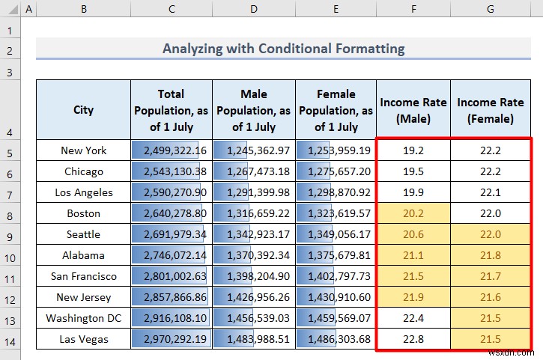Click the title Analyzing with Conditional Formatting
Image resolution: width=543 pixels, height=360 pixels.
283,49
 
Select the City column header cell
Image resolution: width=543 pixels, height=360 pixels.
83,110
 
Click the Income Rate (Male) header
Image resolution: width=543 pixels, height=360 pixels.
413,111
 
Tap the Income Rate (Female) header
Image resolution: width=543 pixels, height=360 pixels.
491,111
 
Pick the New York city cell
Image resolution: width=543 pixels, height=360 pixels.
83,150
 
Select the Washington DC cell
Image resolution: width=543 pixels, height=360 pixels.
83,318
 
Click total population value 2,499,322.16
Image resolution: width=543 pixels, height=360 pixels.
172,150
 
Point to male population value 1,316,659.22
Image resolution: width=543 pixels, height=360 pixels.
254,213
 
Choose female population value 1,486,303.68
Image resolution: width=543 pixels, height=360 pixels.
336,339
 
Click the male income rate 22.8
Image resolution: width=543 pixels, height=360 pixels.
413,339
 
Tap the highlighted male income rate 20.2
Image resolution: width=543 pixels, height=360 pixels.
413,213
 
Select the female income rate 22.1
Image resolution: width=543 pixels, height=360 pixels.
491,192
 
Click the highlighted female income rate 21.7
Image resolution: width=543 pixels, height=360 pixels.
491,276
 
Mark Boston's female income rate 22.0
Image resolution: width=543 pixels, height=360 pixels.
491,213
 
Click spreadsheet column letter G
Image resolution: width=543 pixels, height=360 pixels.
491,9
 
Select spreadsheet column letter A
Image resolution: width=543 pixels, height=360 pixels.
28,9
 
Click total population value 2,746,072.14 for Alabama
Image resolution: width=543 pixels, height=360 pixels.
172,255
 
